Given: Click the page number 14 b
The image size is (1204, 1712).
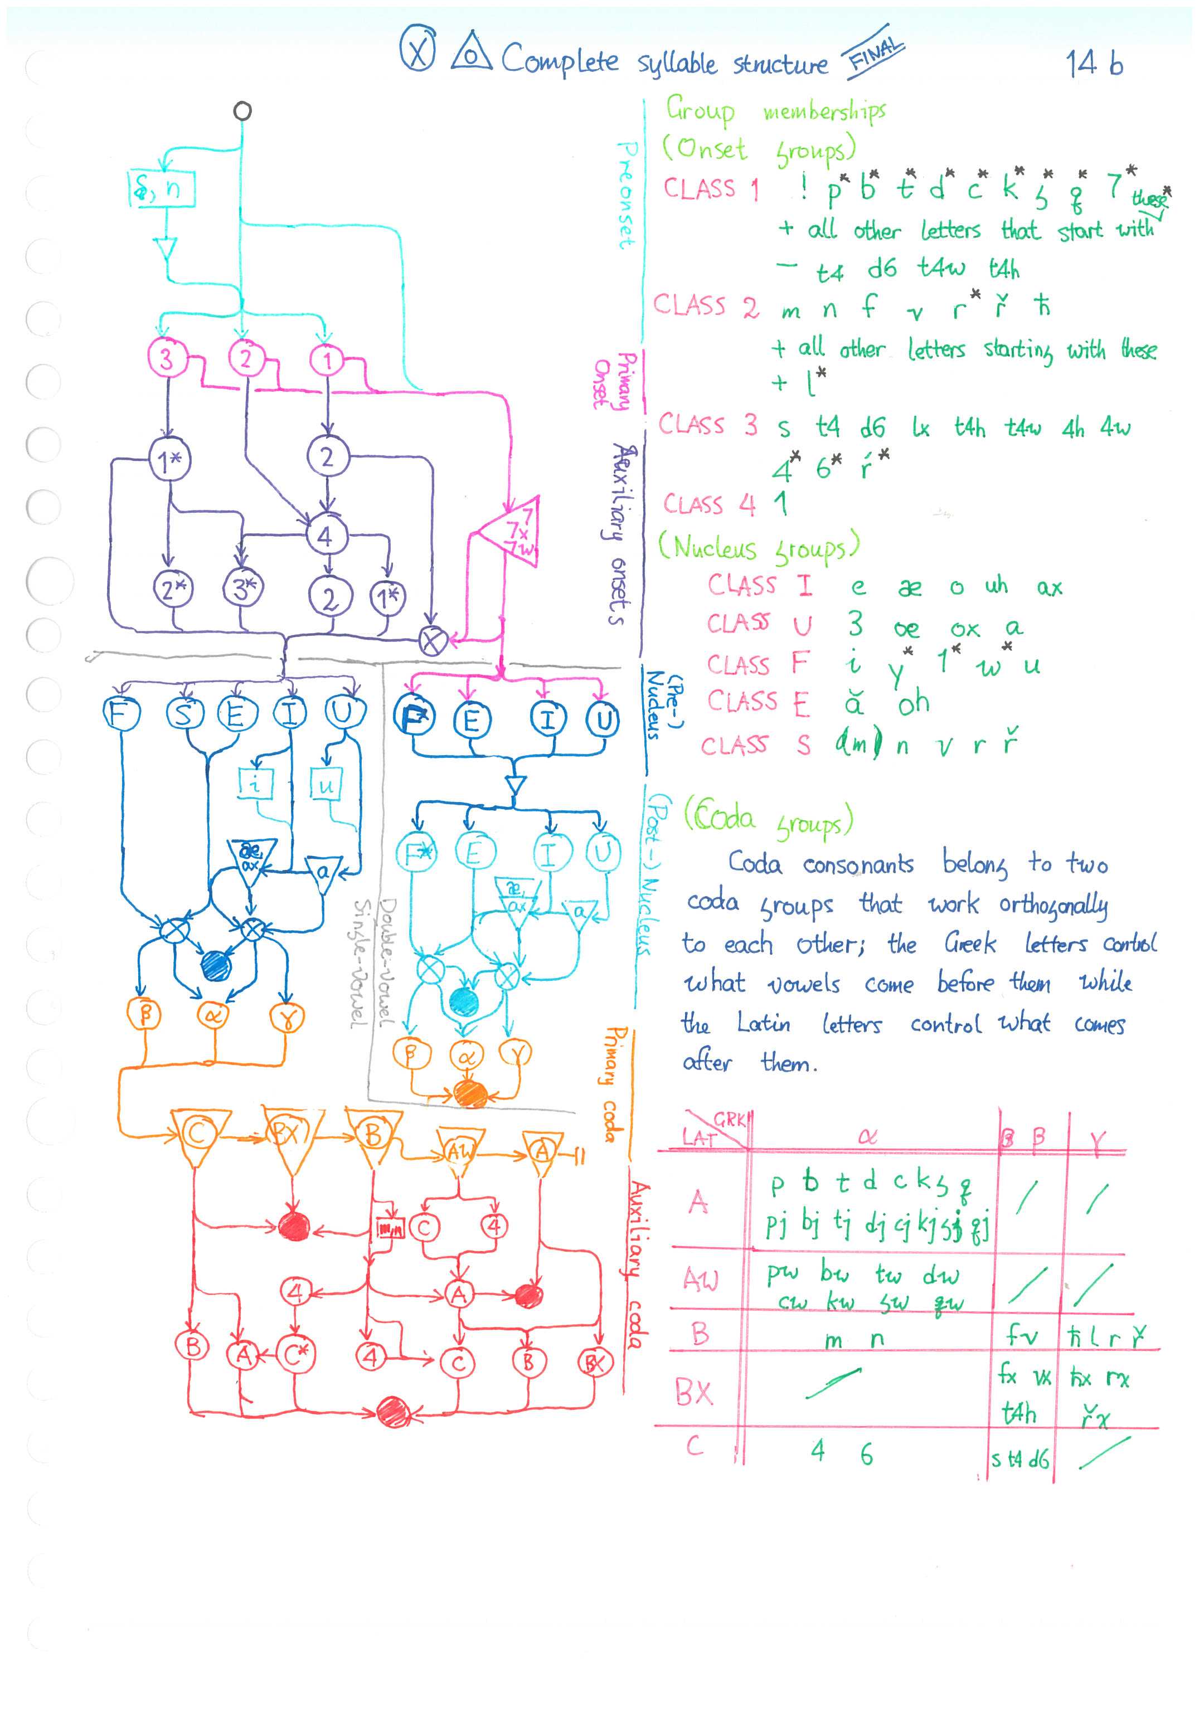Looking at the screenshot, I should (x=1094, y=64).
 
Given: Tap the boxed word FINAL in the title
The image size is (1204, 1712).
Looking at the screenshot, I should (x=873, y=56).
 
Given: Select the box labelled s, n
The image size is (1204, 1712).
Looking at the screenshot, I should (x=161, y=189).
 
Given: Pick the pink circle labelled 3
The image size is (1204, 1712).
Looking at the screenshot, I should (x=166, y=359).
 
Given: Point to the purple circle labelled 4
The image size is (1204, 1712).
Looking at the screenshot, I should (x=324, y=536).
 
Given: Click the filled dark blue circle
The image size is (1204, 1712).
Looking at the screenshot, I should (x=216, y=966).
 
